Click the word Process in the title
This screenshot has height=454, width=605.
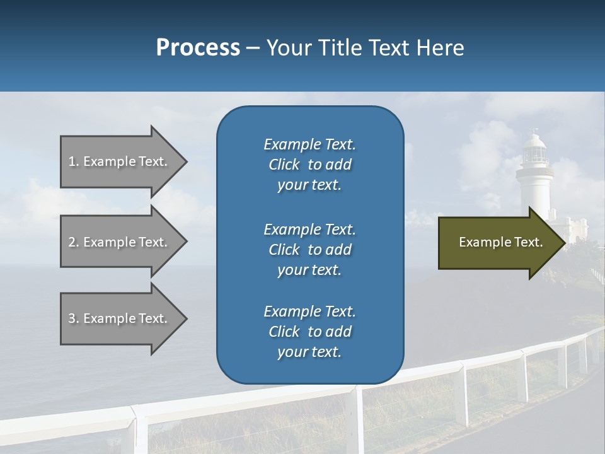coord(198,47)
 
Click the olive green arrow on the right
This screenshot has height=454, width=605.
coord(498,243)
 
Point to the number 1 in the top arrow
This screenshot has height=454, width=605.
coord(72,161)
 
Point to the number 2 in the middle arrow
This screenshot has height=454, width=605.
coord(72,242)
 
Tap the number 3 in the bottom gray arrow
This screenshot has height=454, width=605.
coord(72,318)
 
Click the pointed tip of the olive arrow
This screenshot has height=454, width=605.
coord(563,243)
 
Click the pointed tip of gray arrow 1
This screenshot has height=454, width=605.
coord(185,161)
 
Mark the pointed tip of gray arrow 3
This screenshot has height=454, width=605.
coord(185,318)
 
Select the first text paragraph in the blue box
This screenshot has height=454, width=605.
coord(309,165)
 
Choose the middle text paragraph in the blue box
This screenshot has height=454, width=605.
coord(309,249)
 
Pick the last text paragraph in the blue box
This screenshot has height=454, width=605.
coord(309,331)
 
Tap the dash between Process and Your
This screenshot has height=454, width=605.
coord(253,48)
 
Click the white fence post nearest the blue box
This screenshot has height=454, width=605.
coord(360,416)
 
